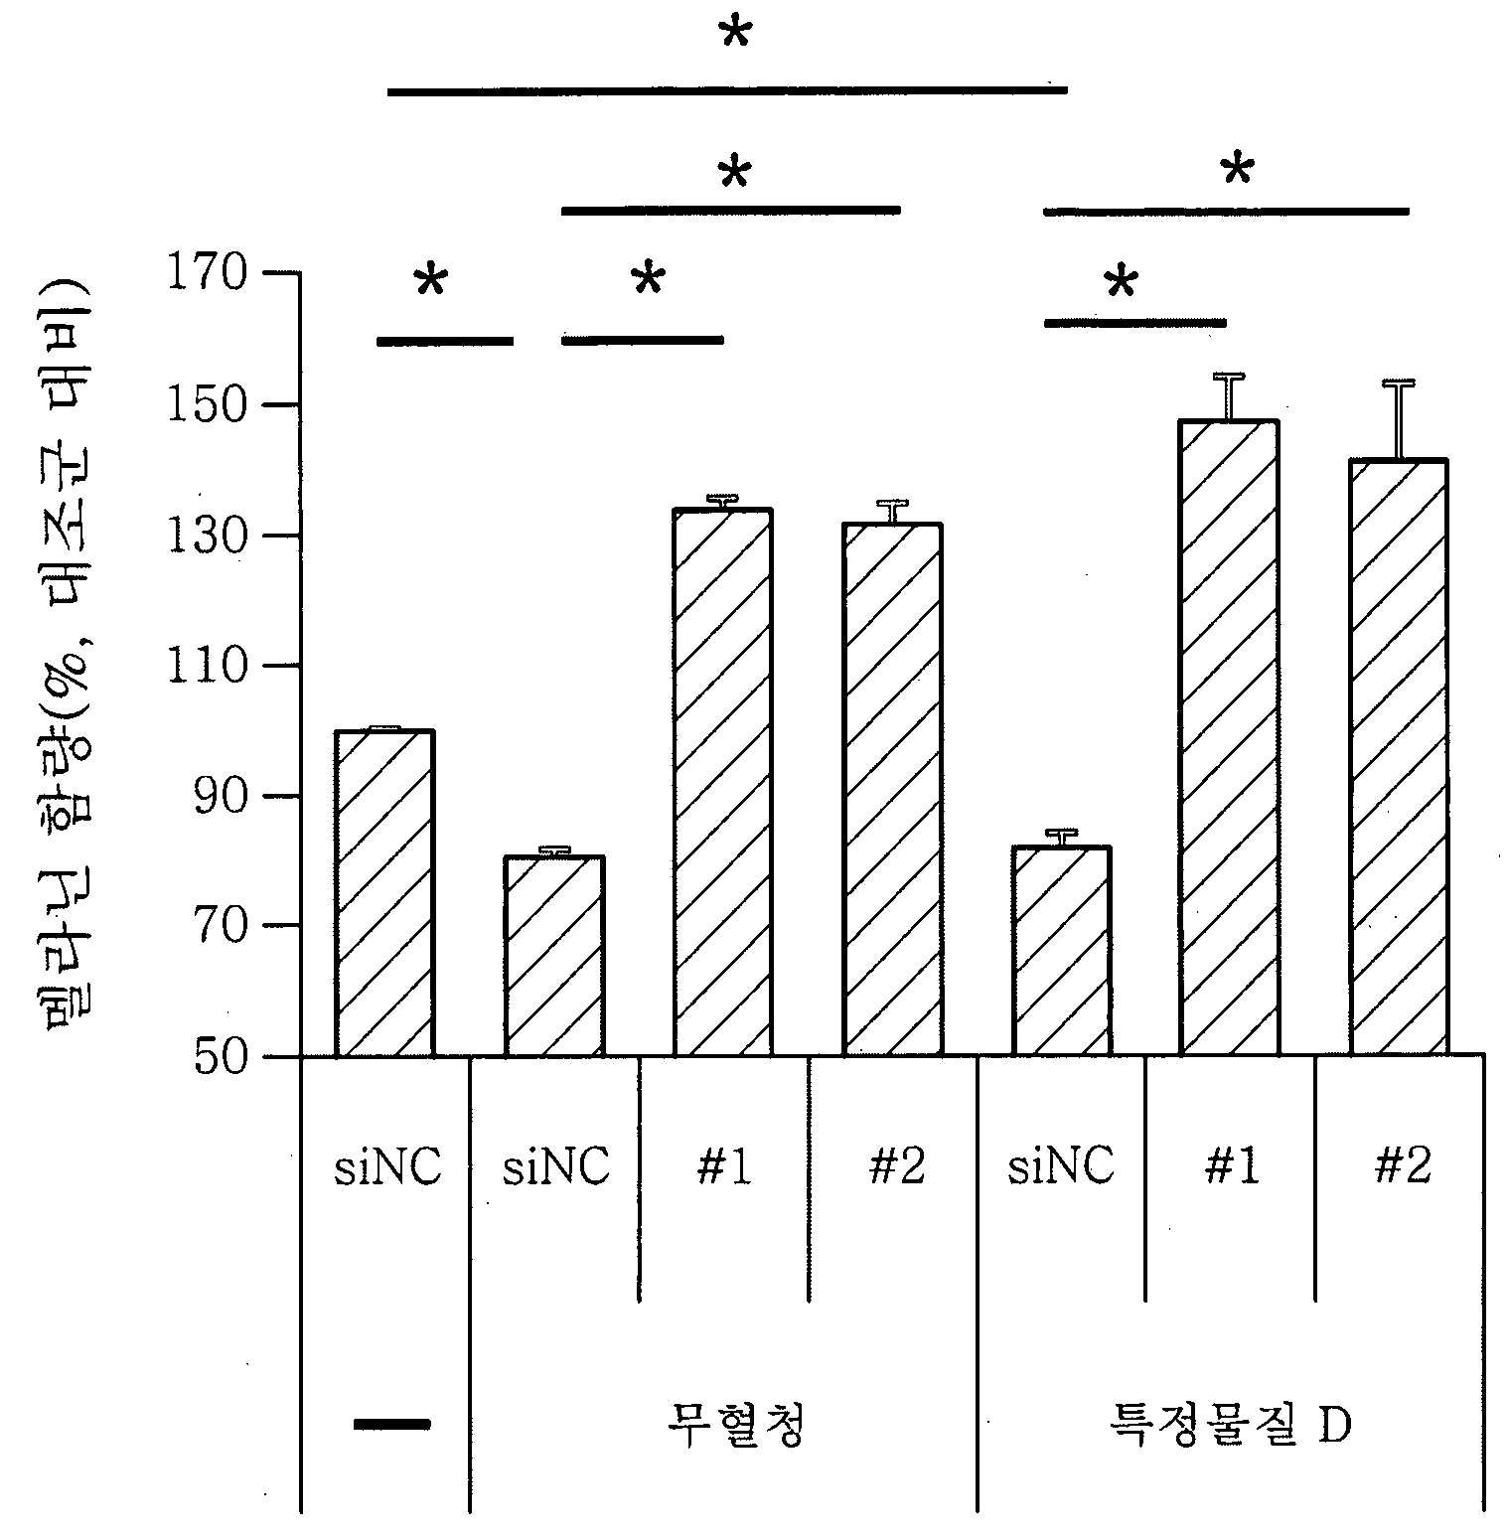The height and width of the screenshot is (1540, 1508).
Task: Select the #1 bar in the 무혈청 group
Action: point(723,783)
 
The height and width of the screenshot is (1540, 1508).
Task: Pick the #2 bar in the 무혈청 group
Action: point(892,790)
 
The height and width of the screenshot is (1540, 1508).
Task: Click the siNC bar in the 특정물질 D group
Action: point(1061,952)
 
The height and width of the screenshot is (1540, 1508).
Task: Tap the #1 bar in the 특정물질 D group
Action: point(1229,738)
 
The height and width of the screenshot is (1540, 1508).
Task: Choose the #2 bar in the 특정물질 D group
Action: point(1398,758)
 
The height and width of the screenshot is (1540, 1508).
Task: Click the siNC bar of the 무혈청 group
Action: point(554,956)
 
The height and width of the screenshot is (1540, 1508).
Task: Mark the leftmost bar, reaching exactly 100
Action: point(385,893)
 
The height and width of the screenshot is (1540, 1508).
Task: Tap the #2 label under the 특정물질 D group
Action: point(1402,1166)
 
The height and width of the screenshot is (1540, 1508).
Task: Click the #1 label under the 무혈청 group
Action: point(724,1166)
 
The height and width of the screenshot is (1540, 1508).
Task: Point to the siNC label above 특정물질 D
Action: point(1061,1166)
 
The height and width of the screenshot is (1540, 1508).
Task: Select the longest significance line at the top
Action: point(727,90)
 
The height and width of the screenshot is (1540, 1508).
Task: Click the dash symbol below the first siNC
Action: point(392,1424)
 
